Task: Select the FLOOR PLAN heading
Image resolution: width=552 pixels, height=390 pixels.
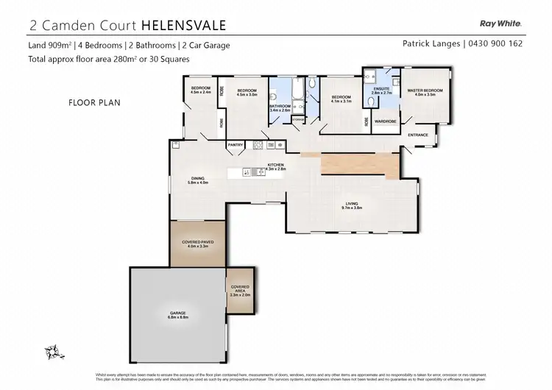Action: click(93, 103)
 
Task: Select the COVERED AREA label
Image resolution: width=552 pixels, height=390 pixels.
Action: click(240, 288)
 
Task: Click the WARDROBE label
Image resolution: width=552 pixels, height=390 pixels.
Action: click(386, 121)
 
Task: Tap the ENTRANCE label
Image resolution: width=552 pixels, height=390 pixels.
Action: click(418, 135)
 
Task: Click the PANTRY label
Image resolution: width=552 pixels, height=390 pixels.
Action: click(236, 145)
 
